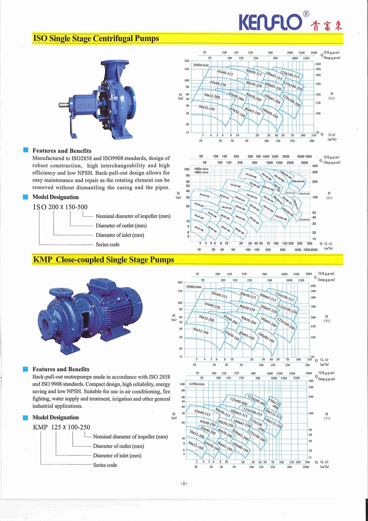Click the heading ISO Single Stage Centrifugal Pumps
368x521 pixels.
click(96, 39)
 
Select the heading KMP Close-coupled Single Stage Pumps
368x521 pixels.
click(103, 260)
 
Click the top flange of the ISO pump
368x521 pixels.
click(115, 63)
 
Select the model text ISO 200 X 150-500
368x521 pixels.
click(60, 207)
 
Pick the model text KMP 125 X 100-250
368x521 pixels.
click(61, 427)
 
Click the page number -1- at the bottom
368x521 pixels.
click(183, 484)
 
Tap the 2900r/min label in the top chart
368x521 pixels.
click(201, 65)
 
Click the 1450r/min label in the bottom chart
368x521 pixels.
click(197, 384)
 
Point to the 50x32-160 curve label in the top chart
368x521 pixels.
click(206, 108)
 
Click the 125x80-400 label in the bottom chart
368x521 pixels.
click(238, 401)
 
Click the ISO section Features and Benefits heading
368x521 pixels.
click(62, 151)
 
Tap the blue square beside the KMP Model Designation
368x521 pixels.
click(26, 418)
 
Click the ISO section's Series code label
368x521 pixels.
click(107, 245)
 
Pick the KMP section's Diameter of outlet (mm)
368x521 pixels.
click(118, 446)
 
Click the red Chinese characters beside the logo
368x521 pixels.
click(326, 25)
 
